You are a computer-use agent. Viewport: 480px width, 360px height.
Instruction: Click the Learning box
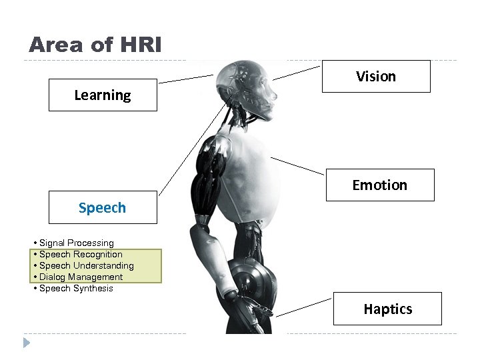[103, 95]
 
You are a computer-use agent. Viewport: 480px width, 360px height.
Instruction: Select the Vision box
[376, 76]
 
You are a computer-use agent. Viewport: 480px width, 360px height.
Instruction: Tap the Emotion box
[380, 185]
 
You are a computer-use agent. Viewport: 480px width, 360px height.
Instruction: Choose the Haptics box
[387, 309]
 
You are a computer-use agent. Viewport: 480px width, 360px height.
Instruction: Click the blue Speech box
[103, 207]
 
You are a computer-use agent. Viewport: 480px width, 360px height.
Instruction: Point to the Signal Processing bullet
[76, 243]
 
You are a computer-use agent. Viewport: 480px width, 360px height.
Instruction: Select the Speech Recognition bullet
[81, 255]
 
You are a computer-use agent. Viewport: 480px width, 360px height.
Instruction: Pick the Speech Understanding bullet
[86, 266]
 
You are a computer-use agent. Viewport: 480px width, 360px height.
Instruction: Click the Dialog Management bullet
[81, 277]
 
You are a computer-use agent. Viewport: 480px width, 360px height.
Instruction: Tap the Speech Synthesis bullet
[76, 289]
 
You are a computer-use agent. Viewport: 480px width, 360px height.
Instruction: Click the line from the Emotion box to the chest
[298, 166]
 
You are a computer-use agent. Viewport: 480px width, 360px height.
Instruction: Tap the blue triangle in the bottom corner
[27, 343]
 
